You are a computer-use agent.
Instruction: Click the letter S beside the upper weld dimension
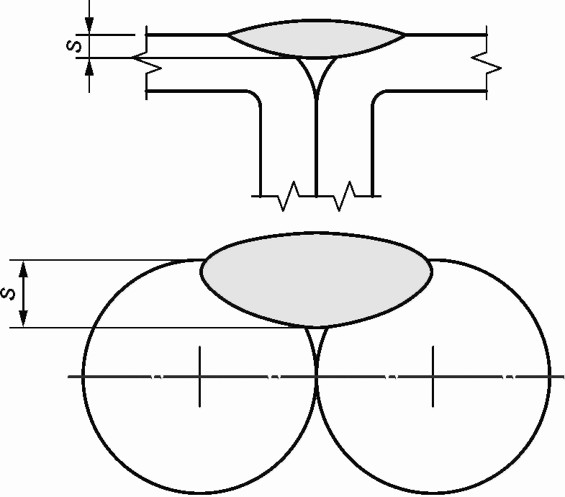pos(74,46)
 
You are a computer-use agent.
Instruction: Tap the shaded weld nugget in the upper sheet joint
pos(317,38)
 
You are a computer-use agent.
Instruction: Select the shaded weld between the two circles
pos(317,280)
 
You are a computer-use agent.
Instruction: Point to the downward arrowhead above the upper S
pos(89,26)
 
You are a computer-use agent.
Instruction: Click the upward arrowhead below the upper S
pos(89,67)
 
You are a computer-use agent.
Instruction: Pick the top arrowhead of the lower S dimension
pos(23,269)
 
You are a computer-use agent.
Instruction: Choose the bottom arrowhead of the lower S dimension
pos(23,318)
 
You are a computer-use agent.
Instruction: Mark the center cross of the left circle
pos(199,377)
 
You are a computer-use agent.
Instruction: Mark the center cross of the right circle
pos(433,377)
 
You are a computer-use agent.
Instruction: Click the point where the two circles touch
pos(317,377)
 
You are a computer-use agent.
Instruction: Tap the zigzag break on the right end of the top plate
pos(487,64)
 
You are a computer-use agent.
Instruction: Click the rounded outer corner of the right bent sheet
pos(378,96)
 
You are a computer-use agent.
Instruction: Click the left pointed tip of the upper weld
pos(227,35)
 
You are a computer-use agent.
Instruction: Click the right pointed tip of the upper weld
pos(405,35)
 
